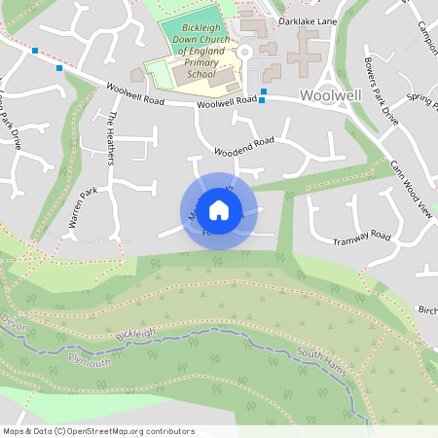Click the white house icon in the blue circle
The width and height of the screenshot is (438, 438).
pyautogui.click(x=219, y=209)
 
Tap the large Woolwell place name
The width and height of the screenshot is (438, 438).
pyautogui.click(x=332, y=95)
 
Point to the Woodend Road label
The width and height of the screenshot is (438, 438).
pyautogui.click(x=244, y=145)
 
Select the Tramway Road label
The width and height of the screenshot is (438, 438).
pyautogui.click(x=361, y=238)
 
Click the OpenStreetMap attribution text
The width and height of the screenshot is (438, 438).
pyautogui.click(x=98, y=430)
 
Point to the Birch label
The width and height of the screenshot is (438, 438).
pyautogui.click(x=427, y=310)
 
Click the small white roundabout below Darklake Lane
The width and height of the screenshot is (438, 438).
pyautogui.click(x=245, y=52)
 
